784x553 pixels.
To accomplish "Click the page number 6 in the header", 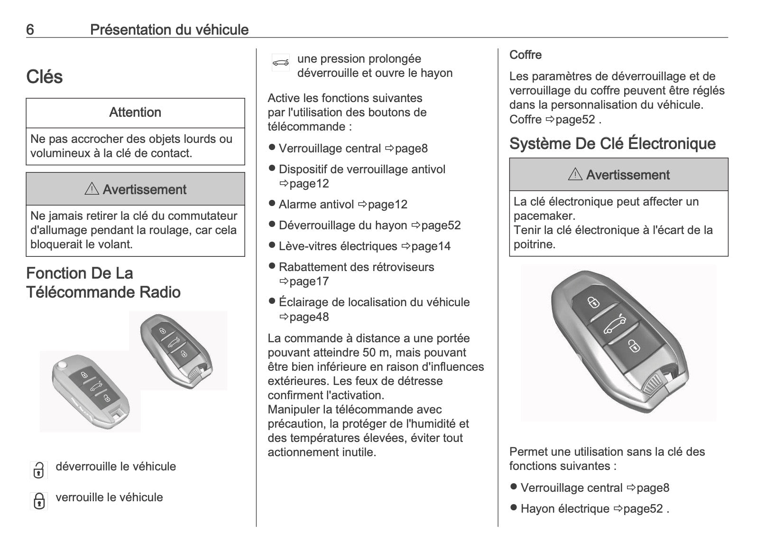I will coord(30,30).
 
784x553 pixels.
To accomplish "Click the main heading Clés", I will coord(45,77).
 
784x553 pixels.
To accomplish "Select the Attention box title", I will coord(135,112).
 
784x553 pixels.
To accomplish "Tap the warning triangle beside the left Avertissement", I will coord(91,189).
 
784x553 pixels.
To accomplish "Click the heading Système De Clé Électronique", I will coord(612,143).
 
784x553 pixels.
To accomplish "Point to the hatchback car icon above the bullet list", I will coord(280,63).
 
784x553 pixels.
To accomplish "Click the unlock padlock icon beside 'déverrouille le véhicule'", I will coord(39,470).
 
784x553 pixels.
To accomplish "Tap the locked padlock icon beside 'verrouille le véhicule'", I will coord(39,501).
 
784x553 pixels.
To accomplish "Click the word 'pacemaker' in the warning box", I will coord(544,216).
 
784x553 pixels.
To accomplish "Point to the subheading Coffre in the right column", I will coord(526,55).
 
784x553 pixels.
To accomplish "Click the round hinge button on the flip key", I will coord(62,366).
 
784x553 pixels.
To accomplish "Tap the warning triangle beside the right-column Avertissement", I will coord(575,174).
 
